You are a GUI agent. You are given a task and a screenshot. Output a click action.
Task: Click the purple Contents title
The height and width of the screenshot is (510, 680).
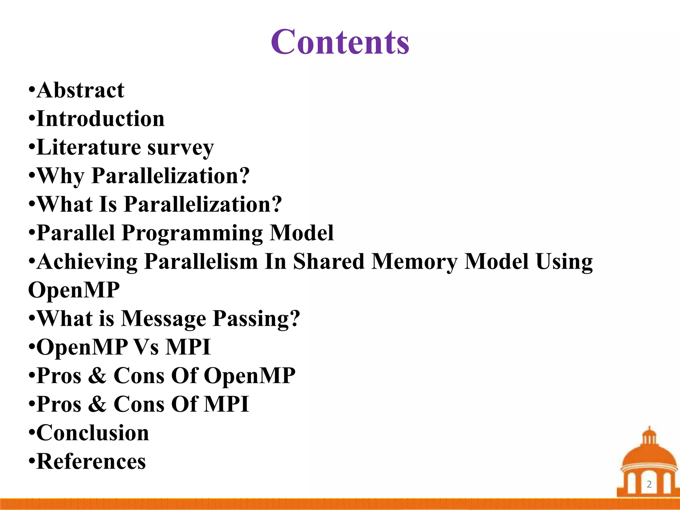340,42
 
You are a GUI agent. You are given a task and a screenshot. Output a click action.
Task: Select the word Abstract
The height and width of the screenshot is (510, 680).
81,90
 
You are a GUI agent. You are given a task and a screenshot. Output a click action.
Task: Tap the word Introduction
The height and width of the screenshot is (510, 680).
101,119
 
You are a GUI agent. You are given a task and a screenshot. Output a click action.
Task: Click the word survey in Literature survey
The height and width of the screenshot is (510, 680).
181,148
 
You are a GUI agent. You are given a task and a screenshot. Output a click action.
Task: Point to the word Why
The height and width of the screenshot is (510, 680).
61,176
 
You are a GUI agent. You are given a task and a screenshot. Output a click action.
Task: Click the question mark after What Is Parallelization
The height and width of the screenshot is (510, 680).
276,204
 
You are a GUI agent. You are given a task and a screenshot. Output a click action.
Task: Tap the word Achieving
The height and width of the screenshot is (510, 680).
87,262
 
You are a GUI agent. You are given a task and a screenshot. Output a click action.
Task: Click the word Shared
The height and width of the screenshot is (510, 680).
329,262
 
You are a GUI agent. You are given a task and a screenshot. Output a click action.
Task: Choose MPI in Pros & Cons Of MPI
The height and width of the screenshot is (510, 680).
226,404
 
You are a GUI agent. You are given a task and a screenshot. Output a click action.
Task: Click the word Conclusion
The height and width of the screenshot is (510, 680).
93,433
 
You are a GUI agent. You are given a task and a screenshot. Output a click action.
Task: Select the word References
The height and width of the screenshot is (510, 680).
91,462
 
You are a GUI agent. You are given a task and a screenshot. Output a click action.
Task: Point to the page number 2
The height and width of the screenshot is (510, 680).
649,484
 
